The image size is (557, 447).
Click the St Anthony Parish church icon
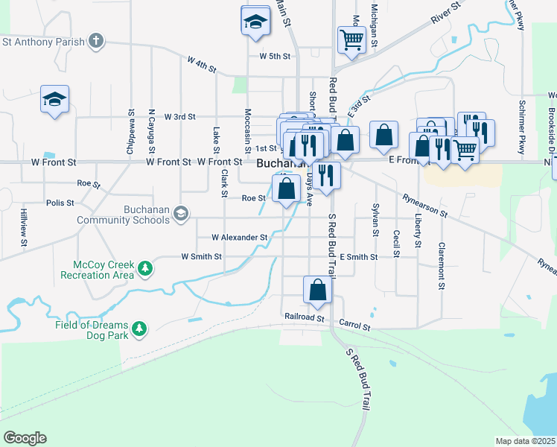pos(96,41)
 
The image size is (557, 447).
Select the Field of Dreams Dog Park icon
pos(139,329)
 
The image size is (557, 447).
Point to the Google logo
pos(25,438)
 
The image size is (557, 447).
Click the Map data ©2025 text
pos(525,441)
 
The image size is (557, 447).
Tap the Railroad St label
pos(304,317)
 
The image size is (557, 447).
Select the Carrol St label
pos(354,326)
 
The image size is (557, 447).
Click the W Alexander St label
pos(239,238)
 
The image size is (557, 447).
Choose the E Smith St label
pos(359,256)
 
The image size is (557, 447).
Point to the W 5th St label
pos(274,56)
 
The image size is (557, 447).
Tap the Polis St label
pos(60,203)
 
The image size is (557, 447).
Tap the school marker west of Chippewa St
pos(54,100)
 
